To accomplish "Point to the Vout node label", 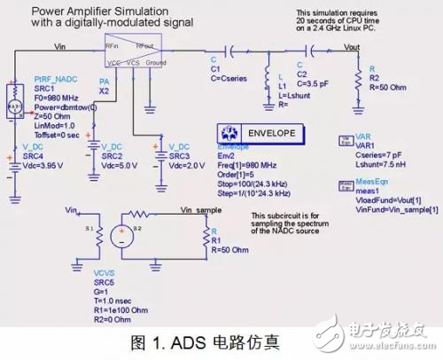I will point(352,44).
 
